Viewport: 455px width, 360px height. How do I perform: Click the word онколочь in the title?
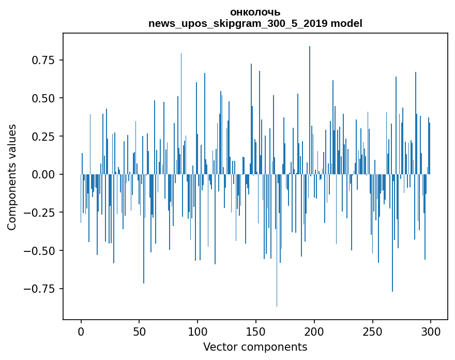pyautogui.click(x=255, y=12)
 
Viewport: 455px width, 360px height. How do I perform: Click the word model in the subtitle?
pyautogui.click(x=346, y=23)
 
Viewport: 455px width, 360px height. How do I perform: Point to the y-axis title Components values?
pyautogui.click(x=11, y=177)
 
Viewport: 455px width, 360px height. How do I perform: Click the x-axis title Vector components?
pyautogui.click(x=255, y=347)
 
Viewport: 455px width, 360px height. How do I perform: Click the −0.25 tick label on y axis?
pyautogui.click(x=39, y=213)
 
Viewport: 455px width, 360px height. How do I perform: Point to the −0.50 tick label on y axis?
pyautogui.click(x=39, y=251)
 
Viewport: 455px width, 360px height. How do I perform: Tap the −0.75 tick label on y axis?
pyautogui.click(x=39, y=289)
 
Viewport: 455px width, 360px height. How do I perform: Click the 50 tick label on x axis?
pyautogui.click(x=139, y=332)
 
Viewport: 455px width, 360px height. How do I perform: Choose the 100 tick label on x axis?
pyautogui.click(x=198, y=332)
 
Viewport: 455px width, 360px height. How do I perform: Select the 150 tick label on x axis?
pyautogui.click(x=256, y=332)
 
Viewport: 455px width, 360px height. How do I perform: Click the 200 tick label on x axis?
pyautogui.click(x=314, y=332)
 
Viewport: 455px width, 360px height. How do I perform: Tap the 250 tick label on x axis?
pyautogui.click(x=372, y=332)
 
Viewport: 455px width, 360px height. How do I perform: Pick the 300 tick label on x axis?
pyautogui.click(x=431, y=332)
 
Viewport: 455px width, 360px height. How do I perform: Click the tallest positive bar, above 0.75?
pyautogui.click(x=310, y=110)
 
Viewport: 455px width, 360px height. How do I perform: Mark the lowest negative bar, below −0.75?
pyautogui.click(x=277, y=241)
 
